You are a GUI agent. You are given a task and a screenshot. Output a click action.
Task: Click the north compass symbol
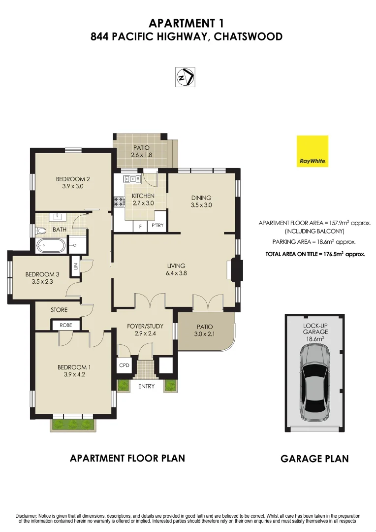186,77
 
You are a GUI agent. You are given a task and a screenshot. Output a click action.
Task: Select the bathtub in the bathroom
50,245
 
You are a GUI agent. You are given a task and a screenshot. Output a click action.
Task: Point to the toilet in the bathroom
41,230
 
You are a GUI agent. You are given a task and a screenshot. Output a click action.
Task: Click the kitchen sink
132,179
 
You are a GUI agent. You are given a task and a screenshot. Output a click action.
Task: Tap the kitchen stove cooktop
119,201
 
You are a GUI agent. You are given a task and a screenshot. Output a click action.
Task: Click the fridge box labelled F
140,226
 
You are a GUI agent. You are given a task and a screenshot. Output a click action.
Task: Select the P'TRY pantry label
157,226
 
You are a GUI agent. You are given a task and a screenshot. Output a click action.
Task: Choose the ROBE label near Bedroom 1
66,325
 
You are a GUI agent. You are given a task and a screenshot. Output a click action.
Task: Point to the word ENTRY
146,386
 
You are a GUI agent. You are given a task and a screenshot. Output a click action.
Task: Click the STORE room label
59,310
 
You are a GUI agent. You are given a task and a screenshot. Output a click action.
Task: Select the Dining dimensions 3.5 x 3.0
201,205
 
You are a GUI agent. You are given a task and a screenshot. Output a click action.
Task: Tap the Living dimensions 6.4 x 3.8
176,273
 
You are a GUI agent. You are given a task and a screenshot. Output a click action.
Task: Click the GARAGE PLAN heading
314,459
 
